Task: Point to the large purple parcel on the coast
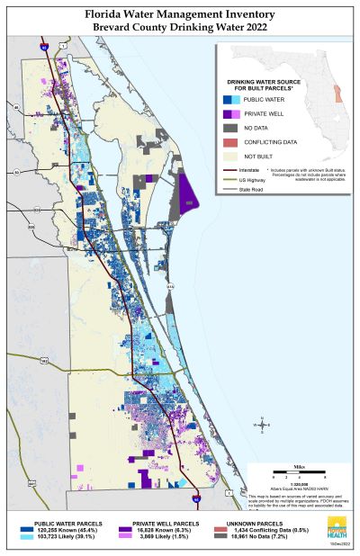[188, 193]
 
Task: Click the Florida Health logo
[337, 531]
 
